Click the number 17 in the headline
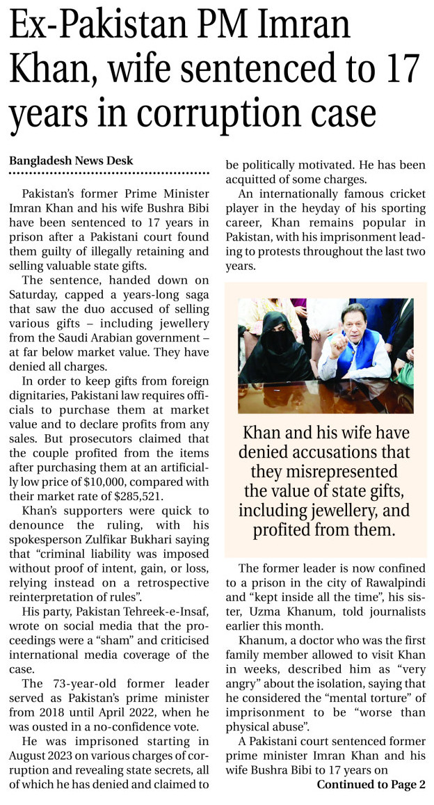tap(397, 70)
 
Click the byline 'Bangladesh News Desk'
tap(70, 161)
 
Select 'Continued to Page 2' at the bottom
tap(371, 785)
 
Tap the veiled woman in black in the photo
tap(267, 348)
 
